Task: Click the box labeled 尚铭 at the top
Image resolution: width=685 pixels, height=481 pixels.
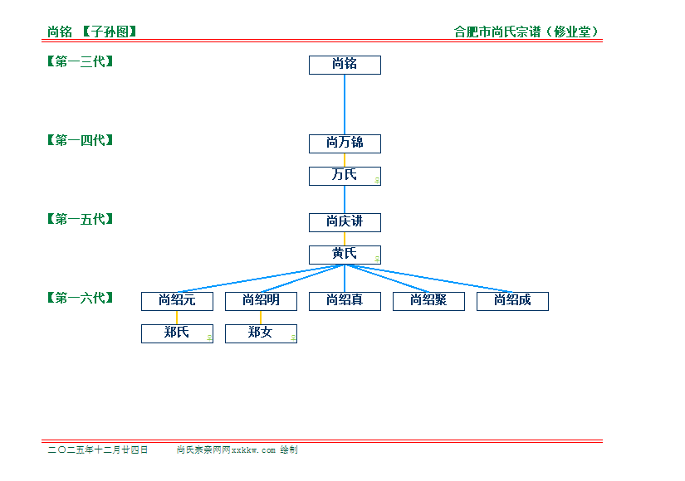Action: point(345,65)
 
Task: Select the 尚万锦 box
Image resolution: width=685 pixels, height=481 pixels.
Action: point(345,143)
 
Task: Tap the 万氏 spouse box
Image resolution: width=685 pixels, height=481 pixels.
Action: point(345,176)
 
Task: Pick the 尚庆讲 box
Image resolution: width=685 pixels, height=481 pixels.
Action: point(345,222)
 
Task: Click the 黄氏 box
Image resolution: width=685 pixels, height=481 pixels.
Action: point(345,255)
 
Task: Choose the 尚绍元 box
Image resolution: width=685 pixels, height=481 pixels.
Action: point(177,301)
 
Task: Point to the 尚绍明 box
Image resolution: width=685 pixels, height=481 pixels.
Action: point(261,301)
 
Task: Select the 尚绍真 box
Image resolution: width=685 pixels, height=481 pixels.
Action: point(345,301)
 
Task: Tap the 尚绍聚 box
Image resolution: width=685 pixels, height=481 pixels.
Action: point(428,301)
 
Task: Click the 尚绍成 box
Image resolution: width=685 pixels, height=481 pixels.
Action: point(512,301)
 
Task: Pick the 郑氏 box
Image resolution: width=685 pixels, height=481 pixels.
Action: point(177,333)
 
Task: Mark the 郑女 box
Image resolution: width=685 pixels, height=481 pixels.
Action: point(261,333)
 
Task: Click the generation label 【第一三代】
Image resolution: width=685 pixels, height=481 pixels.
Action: point(81,61)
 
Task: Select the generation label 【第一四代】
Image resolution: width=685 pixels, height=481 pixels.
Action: point(81,140)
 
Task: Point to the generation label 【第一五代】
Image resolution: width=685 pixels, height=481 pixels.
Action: point(81,219)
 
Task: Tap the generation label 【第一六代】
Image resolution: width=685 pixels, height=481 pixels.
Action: point(81,298)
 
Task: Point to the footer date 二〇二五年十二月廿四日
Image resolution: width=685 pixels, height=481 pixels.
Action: point(98,449)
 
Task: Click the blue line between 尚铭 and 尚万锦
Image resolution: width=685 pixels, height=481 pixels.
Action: point(345,104)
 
